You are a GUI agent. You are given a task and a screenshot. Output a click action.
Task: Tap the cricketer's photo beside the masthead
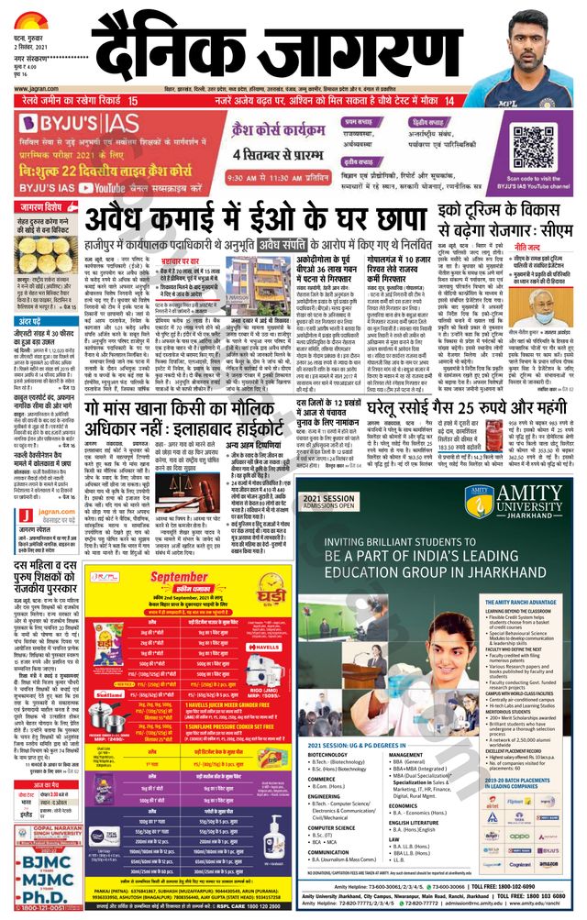point(535,46)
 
